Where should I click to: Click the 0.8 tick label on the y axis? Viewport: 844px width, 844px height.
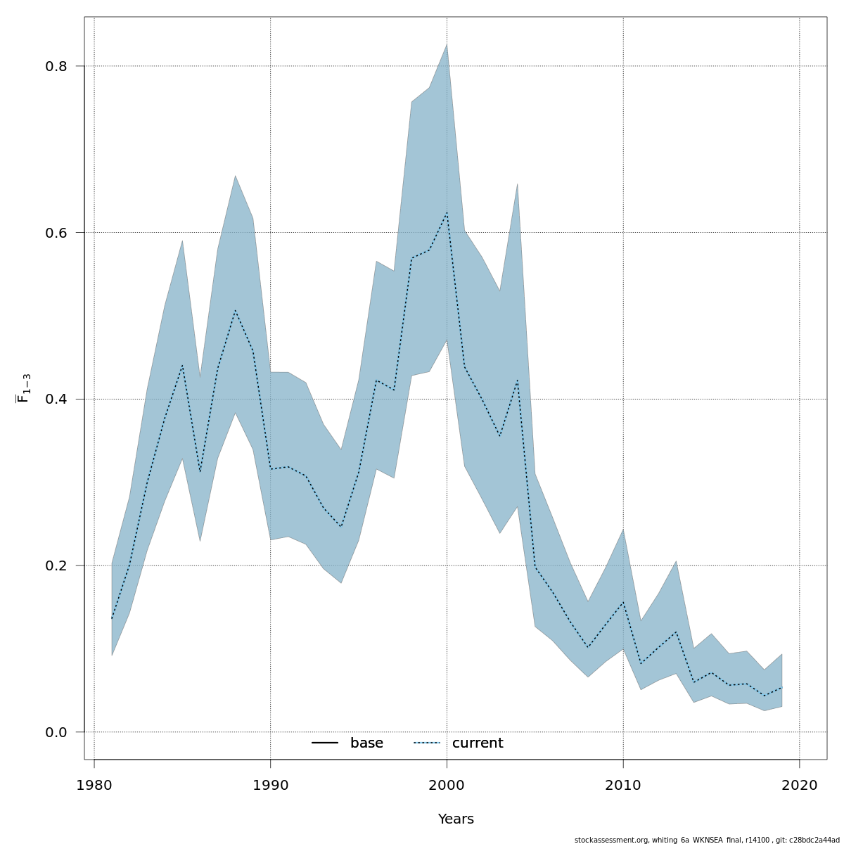pyautogui.click(x=56, y=67)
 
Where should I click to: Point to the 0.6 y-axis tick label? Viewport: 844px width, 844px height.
pyautogui.click(x=56, y=233)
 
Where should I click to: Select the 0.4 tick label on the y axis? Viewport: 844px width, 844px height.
pyautogui.click(x=56, y=399)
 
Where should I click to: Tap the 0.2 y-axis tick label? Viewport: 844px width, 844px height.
pyautogui.click(x=56, y=566)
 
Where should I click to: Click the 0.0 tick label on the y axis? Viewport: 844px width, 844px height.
pyautogui.click(x=56, y=732)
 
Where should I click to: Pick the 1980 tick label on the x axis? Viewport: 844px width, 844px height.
pyautogui.click(x=94, y=785)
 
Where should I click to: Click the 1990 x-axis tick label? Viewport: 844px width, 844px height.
pyautogui.click(x=271, y=785)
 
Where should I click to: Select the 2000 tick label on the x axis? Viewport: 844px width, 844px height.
pyautogui.click(x=447, y=785)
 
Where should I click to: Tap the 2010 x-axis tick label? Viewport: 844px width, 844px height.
pyautogui.click(x=623, y=785)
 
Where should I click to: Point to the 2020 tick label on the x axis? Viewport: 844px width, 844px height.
pyautogui.click(x=799, y=785)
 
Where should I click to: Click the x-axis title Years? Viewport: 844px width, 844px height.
pyautogui.click(x=456, y=819)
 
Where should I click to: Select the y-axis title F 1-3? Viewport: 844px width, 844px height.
pyautogui.click(x=23, y=388)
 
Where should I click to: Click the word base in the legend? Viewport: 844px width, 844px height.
pyautogui.click(x=366, y=743)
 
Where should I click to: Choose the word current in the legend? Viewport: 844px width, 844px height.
pyautogui.click(x=478, y=743)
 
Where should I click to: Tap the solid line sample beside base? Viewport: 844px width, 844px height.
pyautogui.click(x=325, y=743)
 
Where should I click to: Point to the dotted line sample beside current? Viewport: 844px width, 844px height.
pyautogui.click(x=426, y=743)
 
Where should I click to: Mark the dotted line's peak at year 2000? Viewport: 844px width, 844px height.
pyautogui.click(x=447, y=212)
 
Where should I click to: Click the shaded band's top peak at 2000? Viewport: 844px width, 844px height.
pyautogui.click(x=447, y=44)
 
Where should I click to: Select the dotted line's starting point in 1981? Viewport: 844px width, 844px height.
pyautogui.click(x=112, y=619)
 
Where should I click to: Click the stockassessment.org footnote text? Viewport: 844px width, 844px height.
pyautogui.click(x=707, y=840)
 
